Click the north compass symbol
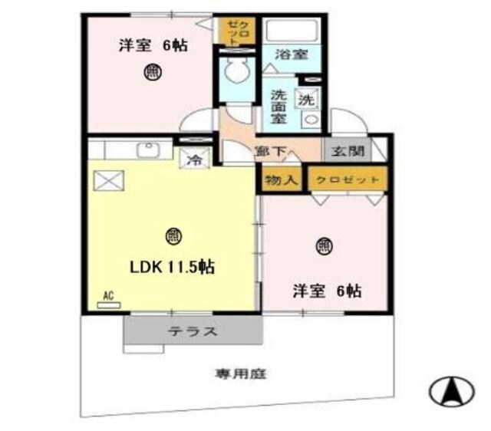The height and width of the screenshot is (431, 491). (x=451, y=393)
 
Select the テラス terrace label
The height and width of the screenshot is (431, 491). (x=193, y=332)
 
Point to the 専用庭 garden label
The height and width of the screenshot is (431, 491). (x=240, y=374)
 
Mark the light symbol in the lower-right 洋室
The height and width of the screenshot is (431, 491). (x=325, y=246)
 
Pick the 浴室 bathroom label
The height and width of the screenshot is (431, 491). (x=291, y=54)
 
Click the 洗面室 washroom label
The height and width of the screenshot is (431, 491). (x=278, y=108)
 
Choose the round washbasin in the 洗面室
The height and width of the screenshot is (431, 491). (x=309, y=120)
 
